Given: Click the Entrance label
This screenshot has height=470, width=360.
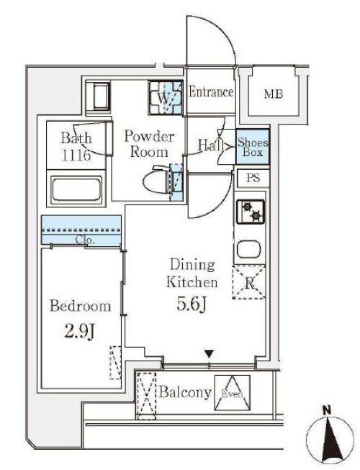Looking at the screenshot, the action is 211,91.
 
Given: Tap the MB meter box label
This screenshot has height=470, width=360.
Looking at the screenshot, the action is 273,94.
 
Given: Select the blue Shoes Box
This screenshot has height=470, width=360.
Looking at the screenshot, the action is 253,147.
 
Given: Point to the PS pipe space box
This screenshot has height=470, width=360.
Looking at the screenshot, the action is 253,178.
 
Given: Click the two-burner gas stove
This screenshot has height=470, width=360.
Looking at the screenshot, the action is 251,212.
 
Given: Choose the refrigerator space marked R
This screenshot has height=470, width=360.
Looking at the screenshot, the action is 249,282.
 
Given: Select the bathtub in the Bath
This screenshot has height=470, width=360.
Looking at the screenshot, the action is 76,189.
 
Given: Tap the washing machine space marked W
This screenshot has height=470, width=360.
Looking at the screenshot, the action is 165,97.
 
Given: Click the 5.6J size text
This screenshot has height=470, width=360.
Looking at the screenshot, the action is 192,305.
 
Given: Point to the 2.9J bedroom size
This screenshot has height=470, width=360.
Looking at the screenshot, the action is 80,331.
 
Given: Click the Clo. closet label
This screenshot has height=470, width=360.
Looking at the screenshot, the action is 86,240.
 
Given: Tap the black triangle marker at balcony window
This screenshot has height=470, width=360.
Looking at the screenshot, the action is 209,353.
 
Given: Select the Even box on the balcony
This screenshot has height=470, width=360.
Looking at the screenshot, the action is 232,393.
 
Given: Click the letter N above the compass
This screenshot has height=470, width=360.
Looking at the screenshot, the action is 327,410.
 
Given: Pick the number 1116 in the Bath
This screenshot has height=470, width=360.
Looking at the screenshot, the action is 76,155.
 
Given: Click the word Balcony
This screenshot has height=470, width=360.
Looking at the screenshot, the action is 185,392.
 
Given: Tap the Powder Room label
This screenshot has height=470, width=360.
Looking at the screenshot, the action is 149,144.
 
